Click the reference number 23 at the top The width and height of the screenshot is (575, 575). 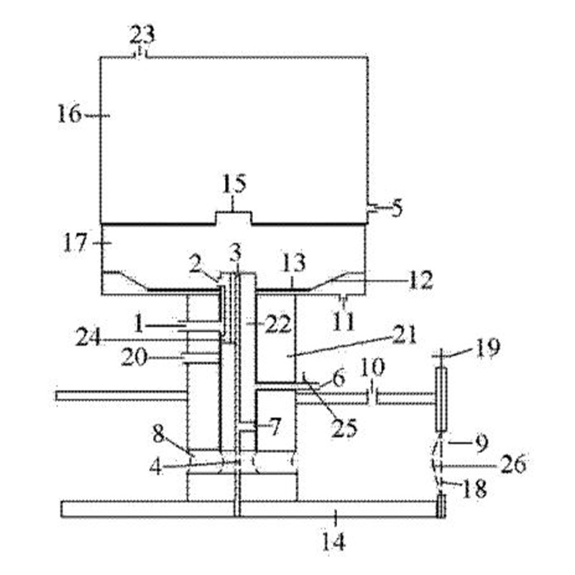point(142,34)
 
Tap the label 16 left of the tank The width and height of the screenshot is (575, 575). point(69,114)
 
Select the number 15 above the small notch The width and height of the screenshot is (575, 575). point(234,184)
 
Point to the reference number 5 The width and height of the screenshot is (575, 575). point(397,208)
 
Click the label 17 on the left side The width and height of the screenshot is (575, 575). point(75,243)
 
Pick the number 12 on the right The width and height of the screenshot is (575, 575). point(421,280)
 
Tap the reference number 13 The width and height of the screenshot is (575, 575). point(294,262)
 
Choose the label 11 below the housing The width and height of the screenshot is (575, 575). point(344,322)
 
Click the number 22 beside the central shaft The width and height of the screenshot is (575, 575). point(279,324)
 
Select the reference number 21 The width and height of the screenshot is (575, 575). point(405,334)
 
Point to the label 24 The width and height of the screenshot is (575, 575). point(88,338)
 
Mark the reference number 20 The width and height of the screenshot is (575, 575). point(134,357)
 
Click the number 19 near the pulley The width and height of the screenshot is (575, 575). point(487,347)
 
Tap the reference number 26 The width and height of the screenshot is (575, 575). point(513,464)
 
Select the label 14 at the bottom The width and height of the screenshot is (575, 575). point(333,542)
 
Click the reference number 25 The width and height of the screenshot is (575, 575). point(344,428)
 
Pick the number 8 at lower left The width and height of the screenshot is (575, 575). point(158,435)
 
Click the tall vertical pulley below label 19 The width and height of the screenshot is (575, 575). point(441,400)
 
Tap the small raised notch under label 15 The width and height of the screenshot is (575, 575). point(234,218)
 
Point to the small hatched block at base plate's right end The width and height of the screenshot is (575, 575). point(441,506)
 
